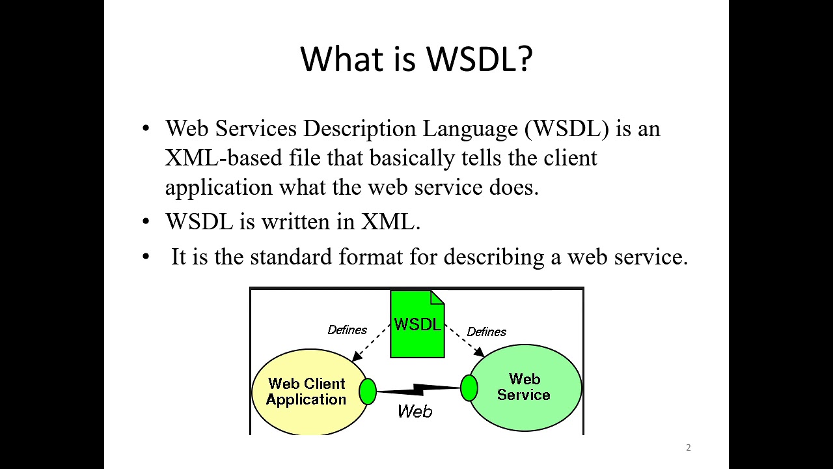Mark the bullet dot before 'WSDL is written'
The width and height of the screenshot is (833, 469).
(146, 222)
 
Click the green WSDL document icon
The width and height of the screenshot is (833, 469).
(417, 324)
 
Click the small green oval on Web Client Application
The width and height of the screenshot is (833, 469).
(368, 391)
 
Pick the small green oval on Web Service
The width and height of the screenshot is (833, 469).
(469, 388)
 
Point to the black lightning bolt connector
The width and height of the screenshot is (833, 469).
(418, 390)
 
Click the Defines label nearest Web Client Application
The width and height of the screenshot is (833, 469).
(347, 330)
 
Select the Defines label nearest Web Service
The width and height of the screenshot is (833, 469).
(486, 332)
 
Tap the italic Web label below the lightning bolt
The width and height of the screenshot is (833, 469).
(415, 411)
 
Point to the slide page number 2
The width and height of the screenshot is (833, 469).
(689, 448)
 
